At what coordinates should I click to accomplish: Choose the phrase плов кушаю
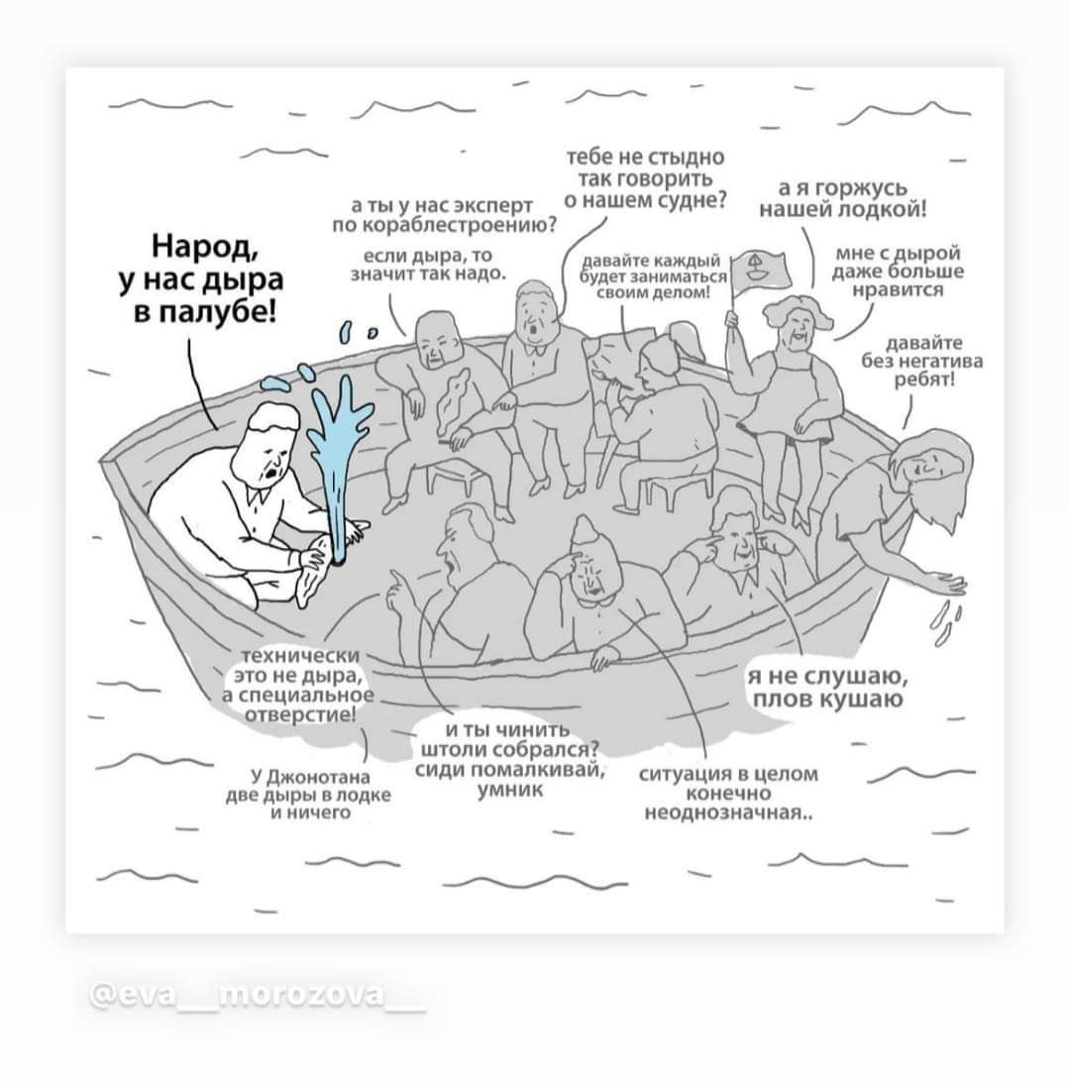pyautogui.click(x=828, y=699)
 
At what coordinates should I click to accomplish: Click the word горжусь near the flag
pyautogui.click(x=862, y=188)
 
